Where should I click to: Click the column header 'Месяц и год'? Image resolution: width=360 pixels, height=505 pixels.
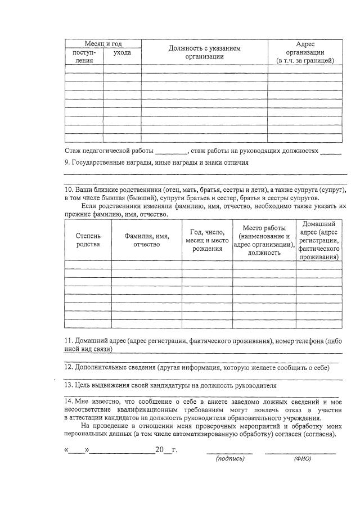103,44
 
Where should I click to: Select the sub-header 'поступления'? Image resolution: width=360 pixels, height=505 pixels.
84,56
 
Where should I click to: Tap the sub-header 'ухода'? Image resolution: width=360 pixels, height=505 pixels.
122,52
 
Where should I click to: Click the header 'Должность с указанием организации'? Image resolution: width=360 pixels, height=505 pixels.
205,52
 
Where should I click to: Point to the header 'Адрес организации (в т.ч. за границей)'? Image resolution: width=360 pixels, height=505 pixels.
305,52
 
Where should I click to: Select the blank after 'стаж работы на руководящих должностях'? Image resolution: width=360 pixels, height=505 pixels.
331,151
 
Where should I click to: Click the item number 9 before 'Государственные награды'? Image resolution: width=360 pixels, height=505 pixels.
67,163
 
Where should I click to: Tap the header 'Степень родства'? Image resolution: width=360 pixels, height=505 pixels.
88,240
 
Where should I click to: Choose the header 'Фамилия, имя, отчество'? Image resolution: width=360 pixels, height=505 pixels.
146,240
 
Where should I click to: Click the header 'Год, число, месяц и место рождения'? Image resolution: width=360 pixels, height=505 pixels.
207,240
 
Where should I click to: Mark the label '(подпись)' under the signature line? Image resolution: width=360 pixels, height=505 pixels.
230,458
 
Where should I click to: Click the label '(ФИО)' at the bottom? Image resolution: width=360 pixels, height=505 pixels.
302,458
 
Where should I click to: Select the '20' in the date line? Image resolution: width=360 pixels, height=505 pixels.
159,450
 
